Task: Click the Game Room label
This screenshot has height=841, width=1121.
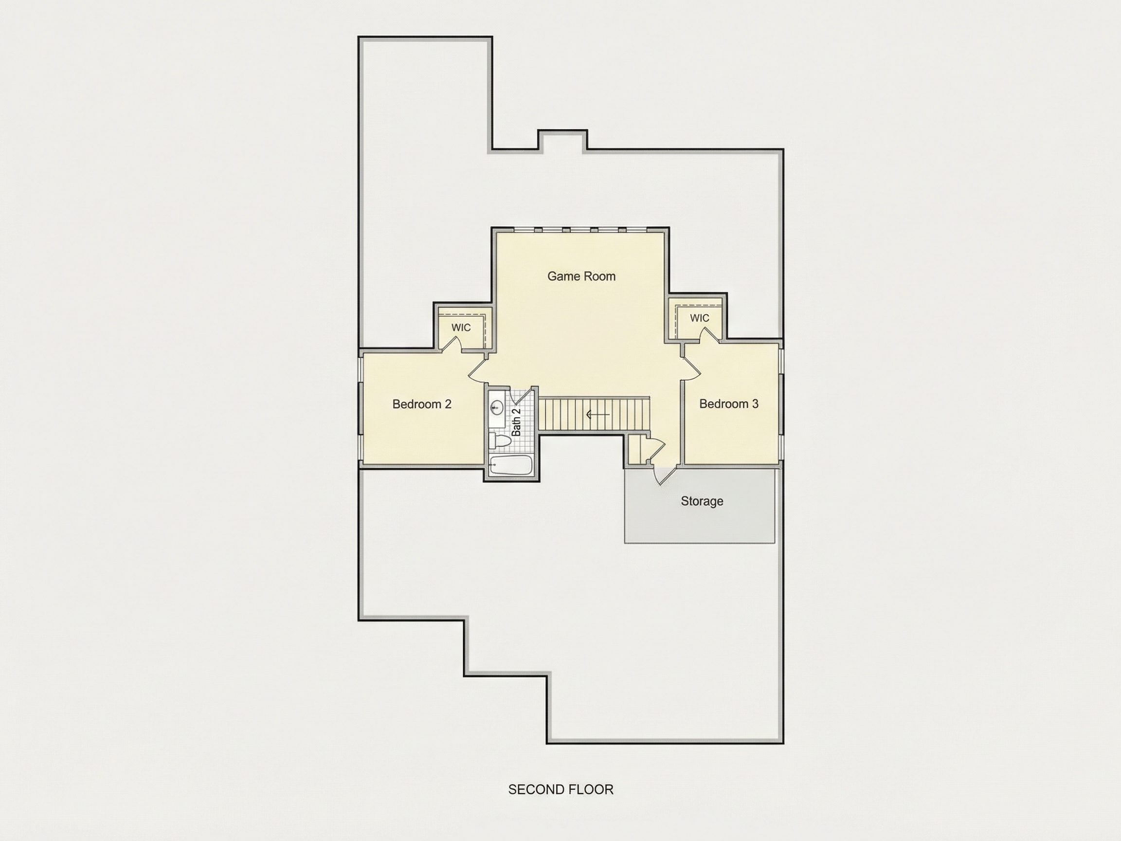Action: pos(581,276)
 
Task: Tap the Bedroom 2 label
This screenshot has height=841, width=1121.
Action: pos(422,404)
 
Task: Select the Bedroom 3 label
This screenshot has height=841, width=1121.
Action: pos(729,403)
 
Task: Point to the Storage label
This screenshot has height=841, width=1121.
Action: pos(702,501)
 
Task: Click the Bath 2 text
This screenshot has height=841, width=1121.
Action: pos(516,422)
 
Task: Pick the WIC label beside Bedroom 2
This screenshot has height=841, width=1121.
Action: pos(461,328)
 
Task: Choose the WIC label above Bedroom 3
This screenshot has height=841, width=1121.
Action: pos(699,318)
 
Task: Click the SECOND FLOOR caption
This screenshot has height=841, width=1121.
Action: pos(560,789)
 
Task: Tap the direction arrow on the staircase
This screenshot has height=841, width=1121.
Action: pos(597,415)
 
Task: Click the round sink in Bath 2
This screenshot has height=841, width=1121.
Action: pos(497,406)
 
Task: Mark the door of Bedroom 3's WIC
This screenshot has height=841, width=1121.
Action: pos(709,335)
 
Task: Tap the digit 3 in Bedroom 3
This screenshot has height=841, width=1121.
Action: pos(755,403)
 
